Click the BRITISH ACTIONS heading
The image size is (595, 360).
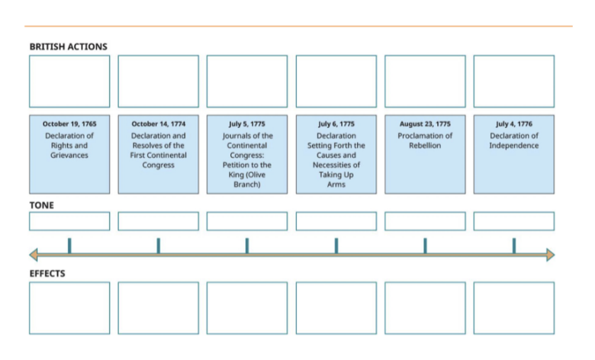68,47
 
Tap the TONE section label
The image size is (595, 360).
41,205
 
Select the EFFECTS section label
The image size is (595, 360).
47,273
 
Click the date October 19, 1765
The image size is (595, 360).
69,124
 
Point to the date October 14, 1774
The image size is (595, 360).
158,124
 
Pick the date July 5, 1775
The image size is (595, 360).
247,124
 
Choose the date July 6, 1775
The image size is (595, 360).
336,124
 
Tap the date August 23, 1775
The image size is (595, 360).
425,124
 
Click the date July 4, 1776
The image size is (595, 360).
513,124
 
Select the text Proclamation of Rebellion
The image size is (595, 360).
425,141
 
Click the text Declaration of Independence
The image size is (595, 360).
513,141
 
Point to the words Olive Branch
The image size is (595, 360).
247,179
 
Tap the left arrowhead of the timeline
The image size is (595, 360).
34,255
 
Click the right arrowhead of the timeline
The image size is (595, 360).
550,255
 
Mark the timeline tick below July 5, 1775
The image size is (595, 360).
247,246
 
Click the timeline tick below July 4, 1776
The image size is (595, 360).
513,246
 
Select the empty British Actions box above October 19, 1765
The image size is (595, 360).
69,81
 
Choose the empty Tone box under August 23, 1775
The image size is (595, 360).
425,221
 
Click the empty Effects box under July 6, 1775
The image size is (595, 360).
336,308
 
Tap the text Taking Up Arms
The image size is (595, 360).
336,179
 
